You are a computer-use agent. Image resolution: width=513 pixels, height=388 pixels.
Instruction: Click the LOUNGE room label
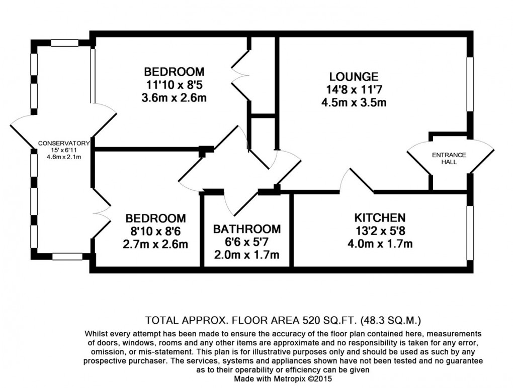(x=354, y=77)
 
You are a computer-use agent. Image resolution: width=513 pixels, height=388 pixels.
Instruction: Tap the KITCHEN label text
(x=380, y=218)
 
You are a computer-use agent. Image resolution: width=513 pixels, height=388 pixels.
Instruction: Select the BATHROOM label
(x=246, y=229)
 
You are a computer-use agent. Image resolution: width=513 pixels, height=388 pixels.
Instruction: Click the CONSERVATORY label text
(x=60, y=143)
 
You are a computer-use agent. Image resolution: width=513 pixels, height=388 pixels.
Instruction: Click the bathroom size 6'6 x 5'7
(x=246, y=242)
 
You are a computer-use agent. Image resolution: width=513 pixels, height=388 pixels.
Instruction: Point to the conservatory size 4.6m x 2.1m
(x=60, y=157)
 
